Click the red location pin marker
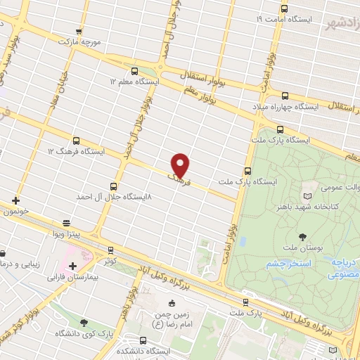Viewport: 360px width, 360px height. (x=181, y=165)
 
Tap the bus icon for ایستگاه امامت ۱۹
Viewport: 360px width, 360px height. (x=284, y=8)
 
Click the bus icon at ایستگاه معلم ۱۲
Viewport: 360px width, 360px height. (x=134, y=70)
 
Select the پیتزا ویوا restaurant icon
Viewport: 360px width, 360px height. (x=67, y=220)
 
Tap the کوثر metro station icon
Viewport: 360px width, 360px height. (x=110, y=250)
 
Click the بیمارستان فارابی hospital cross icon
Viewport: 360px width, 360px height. (x=73, y=266)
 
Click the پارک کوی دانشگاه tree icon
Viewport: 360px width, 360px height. (x=84, y=322)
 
